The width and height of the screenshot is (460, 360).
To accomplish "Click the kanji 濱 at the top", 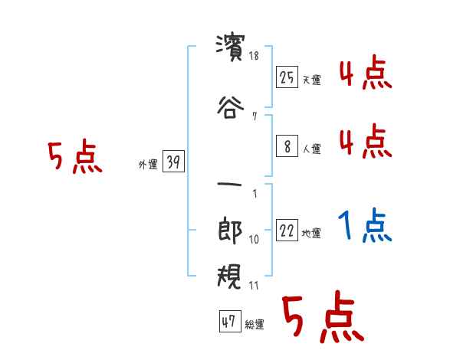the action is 230,48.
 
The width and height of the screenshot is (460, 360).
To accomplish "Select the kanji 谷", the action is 230,107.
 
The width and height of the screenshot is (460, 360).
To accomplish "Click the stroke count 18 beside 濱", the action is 254,57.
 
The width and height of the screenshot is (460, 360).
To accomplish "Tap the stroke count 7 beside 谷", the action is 254,116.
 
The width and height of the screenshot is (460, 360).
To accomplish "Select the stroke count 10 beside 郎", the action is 254,240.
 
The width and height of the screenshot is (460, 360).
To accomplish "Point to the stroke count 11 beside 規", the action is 254,286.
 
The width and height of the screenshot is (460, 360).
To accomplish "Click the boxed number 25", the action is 287,77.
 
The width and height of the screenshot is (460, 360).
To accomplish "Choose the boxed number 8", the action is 287,146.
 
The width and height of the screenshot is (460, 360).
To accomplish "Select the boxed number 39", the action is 173,162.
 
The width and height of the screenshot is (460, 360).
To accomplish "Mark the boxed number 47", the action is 228,322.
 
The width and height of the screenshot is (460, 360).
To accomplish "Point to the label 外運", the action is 148,164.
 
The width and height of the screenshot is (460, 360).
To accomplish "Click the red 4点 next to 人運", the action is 365,142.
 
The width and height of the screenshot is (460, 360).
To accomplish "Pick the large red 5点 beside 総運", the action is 322,318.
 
